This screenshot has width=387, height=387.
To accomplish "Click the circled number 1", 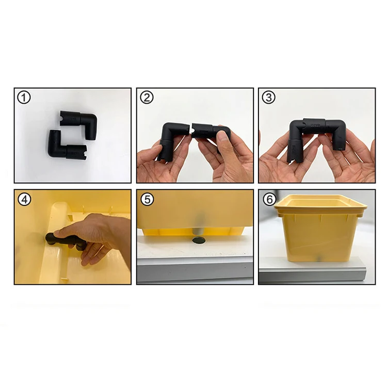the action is click(x=24, y=97).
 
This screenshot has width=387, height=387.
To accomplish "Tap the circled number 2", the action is click(x=147, y=97).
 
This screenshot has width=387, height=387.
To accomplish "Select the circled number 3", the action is click(x=269, y=97).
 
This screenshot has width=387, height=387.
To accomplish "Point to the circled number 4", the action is click(x=24, y=199).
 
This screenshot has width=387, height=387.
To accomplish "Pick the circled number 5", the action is click(x=147, y=199).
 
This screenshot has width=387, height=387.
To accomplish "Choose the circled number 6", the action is click(x=269, y=199).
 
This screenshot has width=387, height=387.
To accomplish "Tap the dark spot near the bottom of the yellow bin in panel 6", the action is click(x=319, y=257).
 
